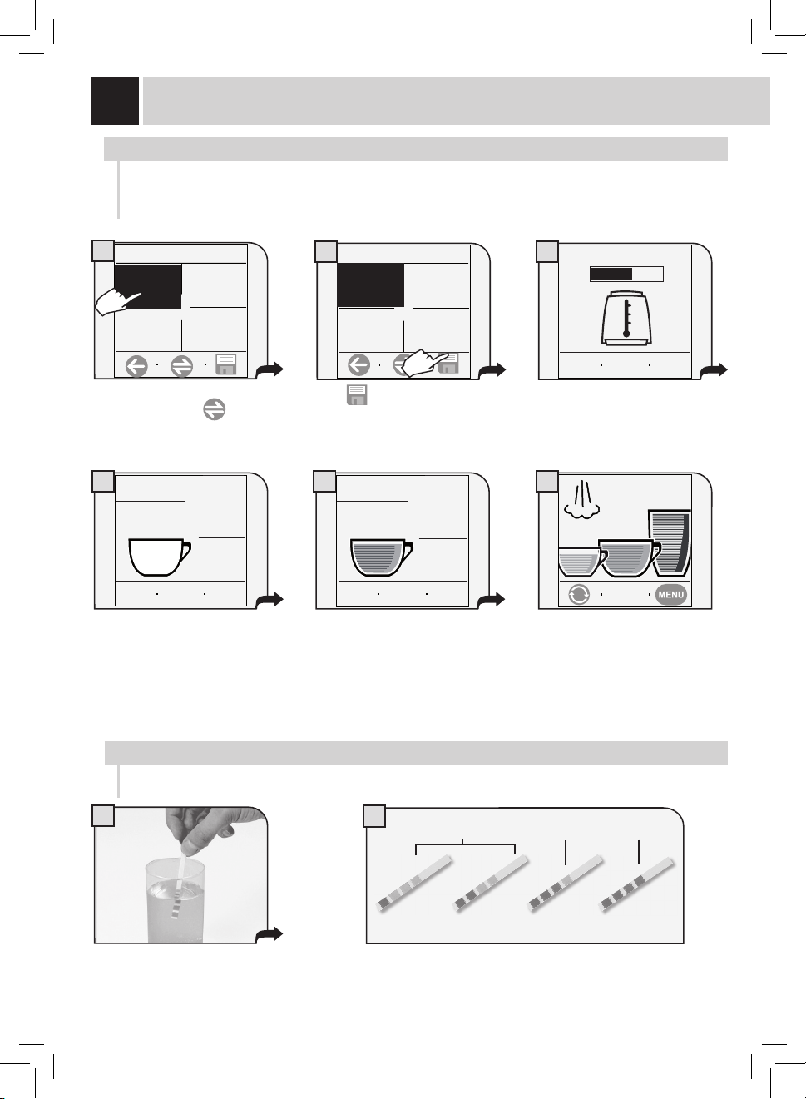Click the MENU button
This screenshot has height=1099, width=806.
tap(670, 595)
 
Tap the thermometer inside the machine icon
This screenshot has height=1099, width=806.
tap(626, 318)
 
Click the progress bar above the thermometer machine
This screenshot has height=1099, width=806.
tap(626, 275)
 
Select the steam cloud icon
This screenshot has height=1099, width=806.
tap(581, 500)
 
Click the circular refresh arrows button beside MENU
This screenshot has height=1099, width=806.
tap(579, 595)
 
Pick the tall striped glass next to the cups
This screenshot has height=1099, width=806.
tap(670, 542)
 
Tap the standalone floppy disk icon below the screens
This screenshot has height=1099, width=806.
tap(357, 395)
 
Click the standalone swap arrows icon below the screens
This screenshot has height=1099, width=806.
tap(215, 409)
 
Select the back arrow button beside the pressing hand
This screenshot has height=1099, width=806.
tap(358, 365)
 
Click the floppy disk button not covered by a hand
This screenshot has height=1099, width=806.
tap(226, 364)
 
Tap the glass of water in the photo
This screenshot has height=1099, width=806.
tap(176, 901)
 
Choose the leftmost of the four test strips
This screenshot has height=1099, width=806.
tap(414, 884)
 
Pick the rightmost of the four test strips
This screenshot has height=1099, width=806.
tap(638, 884)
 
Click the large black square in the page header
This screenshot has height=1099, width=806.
tap(116, 101)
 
